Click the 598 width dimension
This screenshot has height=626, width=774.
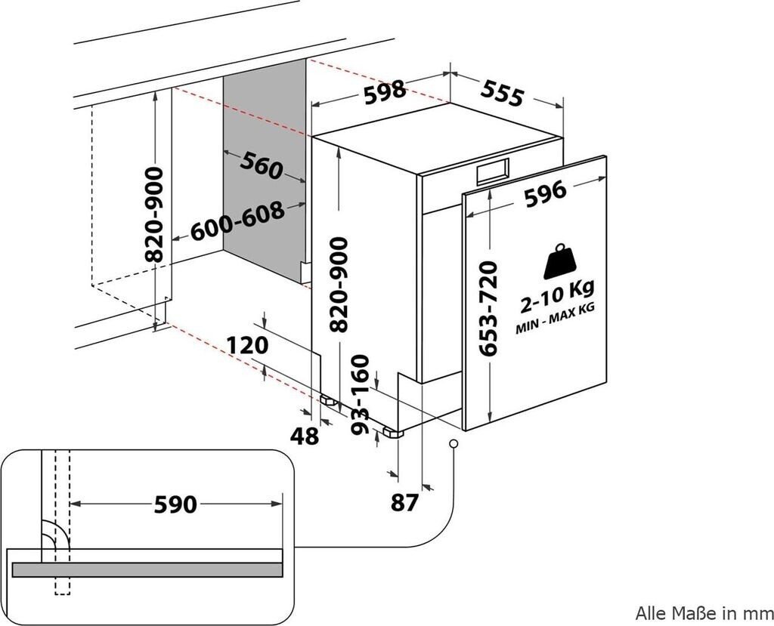385,92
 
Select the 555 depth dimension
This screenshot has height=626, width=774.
502,93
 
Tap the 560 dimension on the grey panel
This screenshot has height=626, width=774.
262,165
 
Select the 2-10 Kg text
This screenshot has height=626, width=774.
558,295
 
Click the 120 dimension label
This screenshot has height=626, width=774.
248,345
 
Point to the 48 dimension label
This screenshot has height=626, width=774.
305,436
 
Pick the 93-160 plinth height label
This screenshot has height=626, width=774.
360,395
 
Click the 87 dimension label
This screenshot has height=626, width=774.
404,503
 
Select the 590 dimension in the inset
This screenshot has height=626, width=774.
175,504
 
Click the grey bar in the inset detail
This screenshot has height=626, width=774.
147,570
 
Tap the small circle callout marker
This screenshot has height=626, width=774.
454,443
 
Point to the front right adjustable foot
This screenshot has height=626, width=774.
393,433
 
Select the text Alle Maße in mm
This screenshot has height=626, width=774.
704,613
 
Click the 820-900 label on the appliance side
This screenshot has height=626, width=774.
339,284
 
